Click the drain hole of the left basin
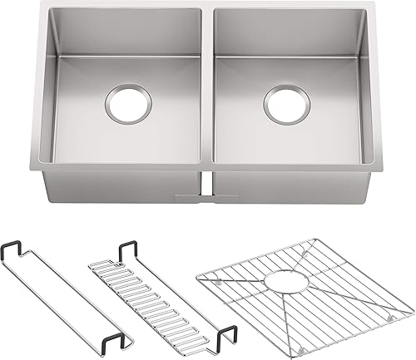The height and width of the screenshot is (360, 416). (128, 102)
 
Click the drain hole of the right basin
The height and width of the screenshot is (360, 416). (287, 102)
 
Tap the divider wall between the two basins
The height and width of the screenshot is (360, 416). (207, 91)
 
